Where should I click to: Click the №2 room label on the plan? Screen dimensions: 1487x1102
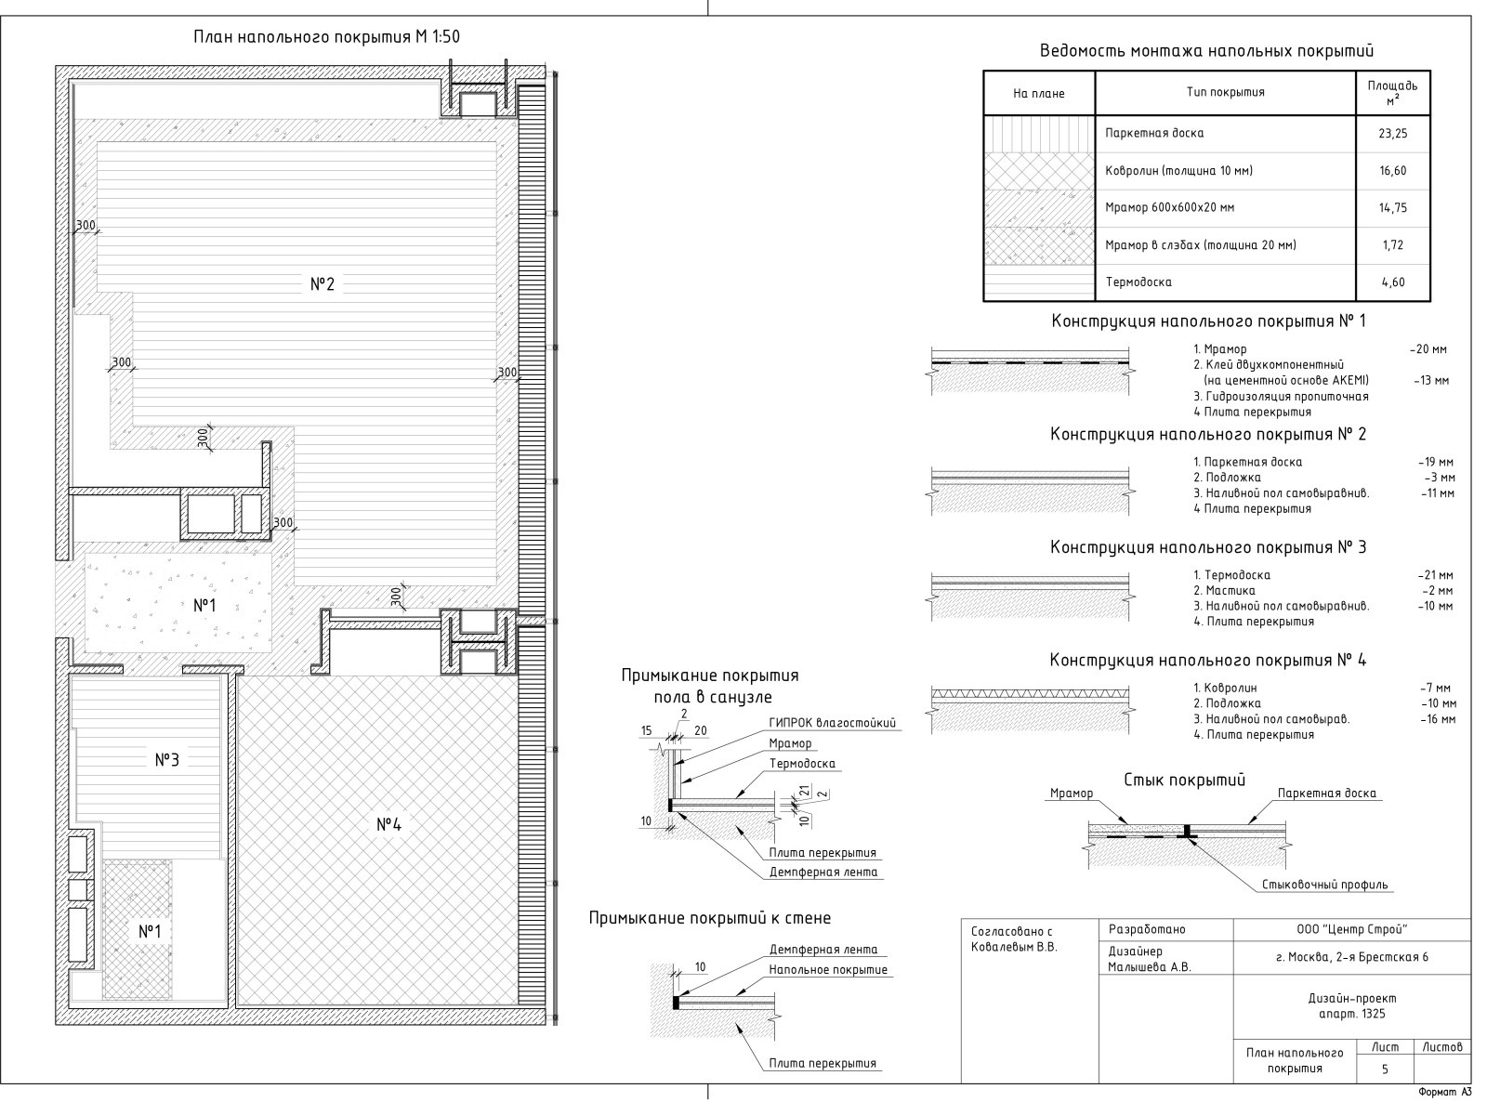tap(322, 284)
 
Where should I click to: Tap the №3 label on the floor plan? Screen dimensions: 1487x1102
tap(167, 759)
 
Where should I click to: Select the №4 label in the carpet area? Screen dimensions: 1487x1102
tap(388, 824)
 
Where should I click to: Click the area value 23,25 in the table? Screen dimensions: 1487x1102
tap(1392, 134)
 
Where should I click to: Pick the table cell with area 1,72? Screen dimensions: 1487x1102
tap(1392, 245)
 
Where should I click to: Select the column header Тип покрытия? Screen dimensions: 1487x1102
tap(1225, 93)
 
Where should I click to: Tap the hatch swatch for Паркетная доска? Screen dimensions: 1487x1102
tap(1039, 134)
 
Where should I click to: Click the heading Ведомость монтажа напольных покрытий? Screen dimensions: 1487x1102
tap(1206, 51)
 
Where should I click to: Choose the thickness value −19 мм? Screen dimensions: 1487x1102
tap(1435, 462)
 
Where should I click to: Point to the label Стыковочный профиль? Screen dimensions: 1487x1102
tap(1324, 885)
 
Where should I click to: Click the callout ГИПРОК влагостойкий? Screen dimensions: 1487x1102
tap(832, 723)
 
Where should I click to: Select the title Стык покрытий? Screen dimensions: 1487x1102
tap(1185, 780)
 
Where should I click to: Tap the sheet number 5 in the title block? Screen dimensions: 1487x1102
tap(1385, 1069)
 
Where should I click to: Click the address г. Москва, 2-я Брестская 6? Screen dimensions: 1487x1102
tap(1352, 956)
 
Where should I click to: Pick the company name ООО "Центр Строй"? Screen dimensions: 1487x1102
tap(1351, 929)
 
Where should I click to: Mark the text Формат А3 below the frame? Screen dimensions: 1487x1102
tap(1445, 1092)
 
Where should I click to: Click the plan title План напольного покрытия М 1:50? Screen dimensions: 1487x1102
tap(326, 36)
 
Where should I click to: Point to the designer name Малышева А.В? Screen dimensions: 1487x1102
tap(1149, 967)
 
